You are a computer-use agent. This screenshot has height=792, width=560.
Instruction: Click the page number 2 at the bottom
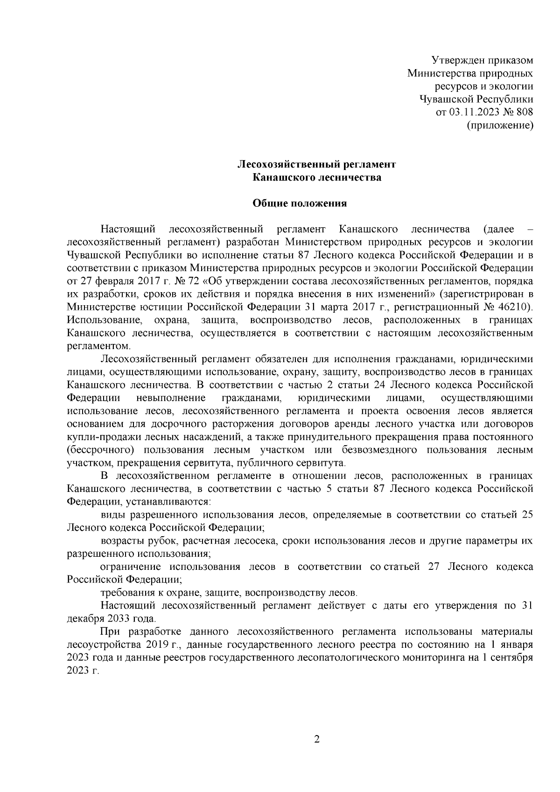317,740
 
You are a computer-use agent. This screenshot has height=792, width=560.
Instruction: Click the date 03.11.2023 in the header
472,112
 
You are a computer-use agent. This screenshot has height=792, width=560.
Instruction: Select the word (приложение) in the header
500,125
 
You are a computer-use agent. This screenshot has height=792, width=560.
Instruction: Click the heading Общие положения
300,203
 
